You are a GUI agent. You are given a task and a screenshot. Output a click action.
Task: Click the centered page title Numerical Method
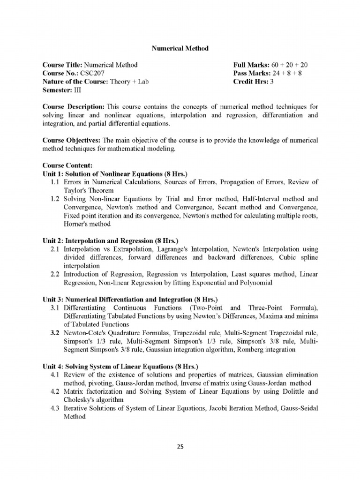coord(180,48)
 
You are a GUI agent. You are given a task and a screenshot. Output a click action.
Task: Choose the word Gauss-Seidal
coord(299,408)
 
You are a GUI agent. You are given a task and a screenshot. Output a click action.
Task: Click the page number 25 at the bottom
coord(180,447)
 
